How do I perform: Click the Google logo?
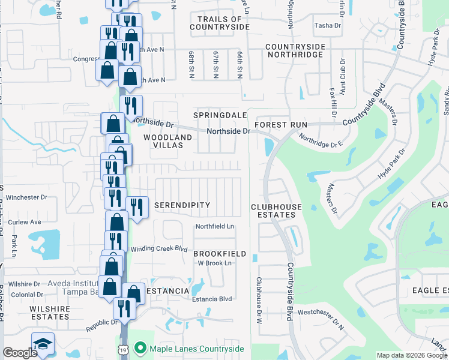(20, 353)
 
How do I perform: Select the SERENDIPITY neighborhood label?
(182, 205)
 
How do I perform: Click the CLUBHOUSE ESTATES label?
(276, 211)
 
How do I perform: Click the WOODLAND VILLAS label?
(168, 142)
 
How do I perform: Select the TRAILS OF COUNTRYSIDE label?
(219, 23)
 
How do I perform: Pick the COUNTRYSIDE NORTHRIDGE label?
(295, 50)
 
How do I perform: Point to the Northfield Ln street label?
(214, 226)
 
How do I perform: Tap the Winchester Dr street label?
(27, 197)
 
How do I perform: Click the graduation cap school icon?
(43, 344)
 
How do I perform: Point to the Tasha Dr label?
(328, 25)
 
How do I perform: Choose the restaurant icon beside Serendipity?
(137, 208)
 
